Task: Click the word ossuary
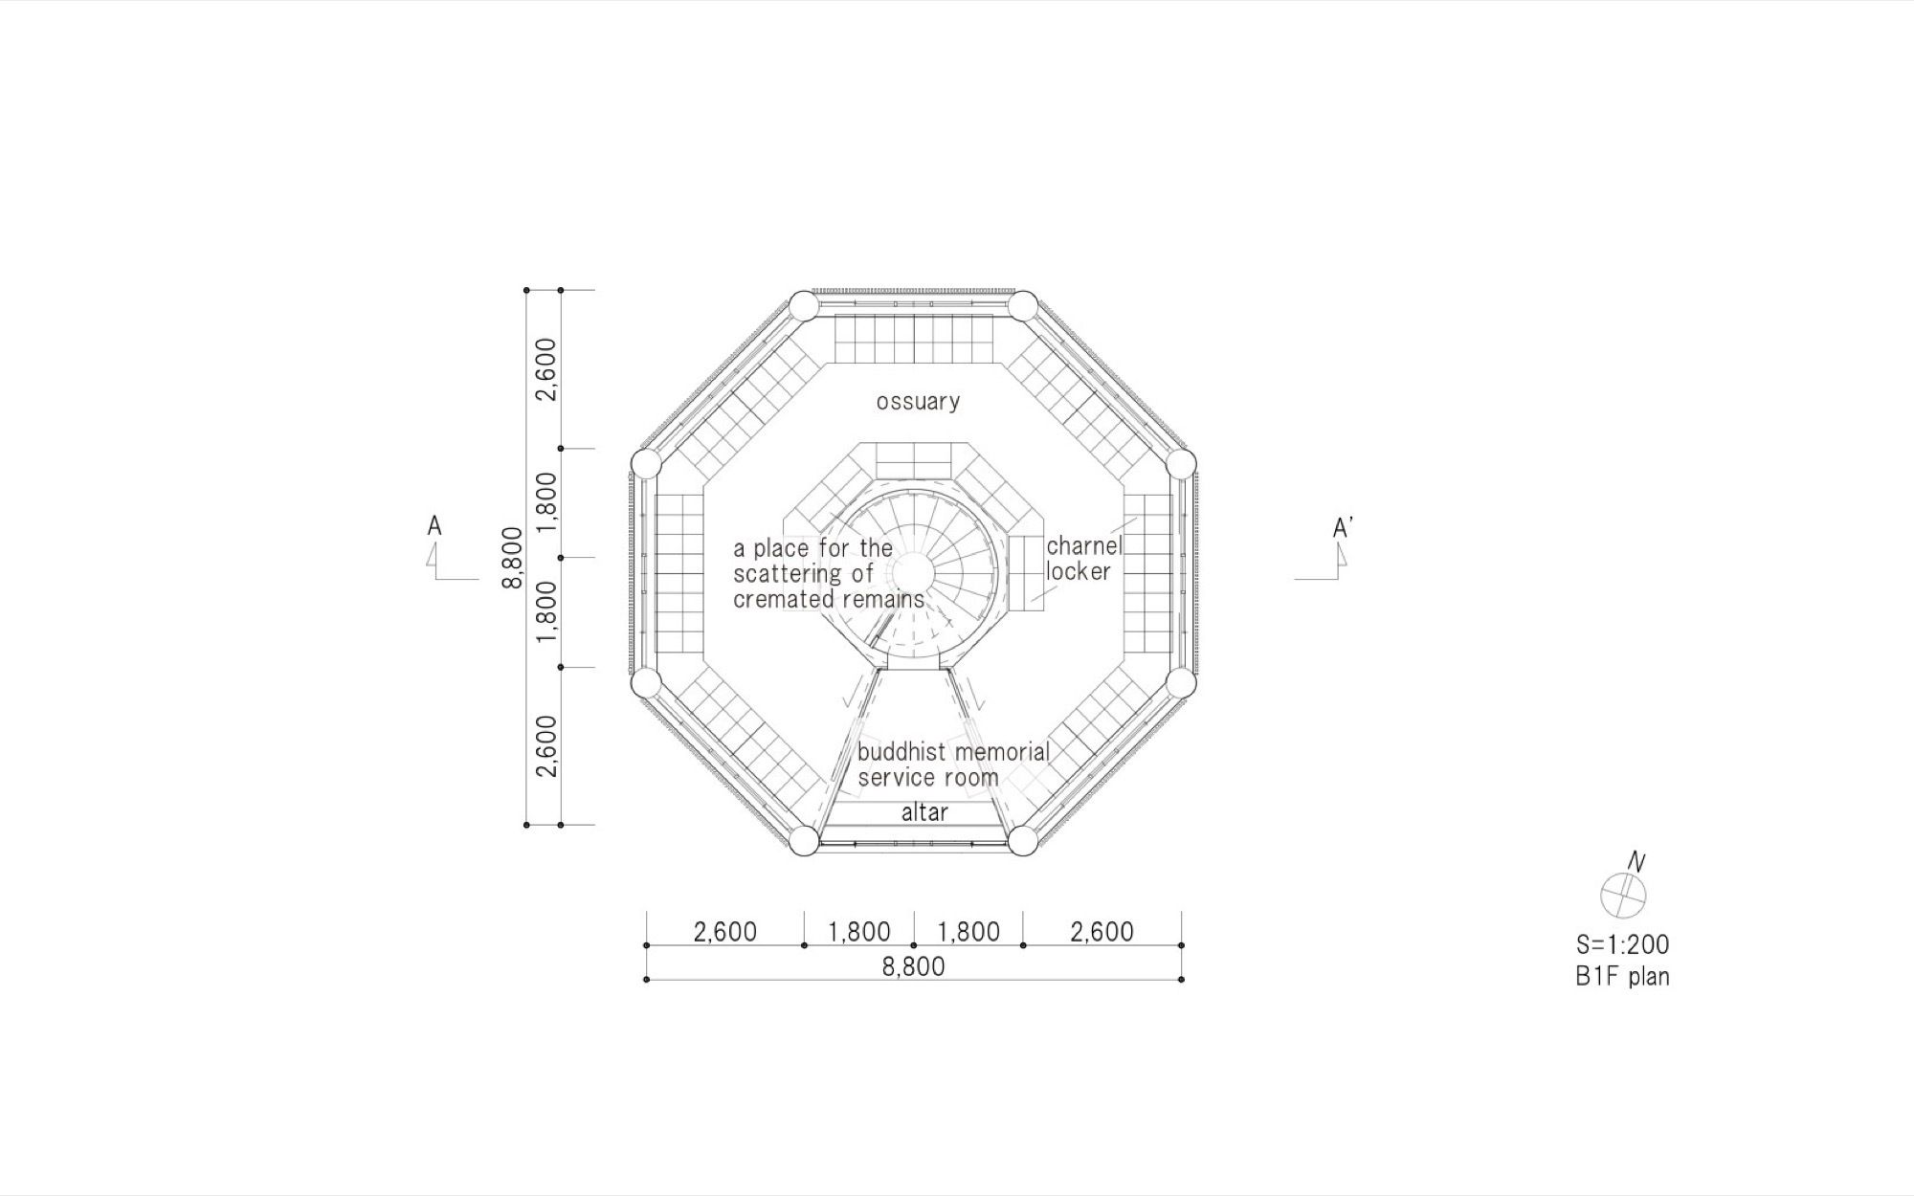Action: [918, 402]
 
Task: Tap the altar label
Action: [924, 812]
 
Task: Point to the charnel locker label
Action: [1083, 559]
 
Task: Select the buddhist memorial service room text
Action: [953, 764]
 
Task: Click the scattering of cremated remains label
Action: [829, 574]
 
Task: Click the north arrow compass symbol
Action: [1624, 895]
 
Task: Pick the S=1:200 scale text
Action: [1622, 944]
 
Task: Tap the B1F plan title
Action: [1622, 977]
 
